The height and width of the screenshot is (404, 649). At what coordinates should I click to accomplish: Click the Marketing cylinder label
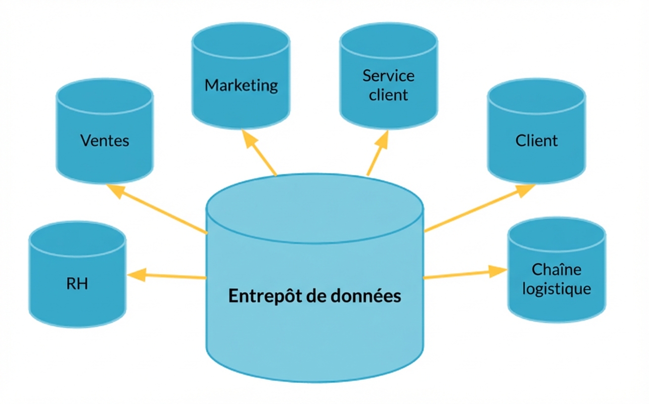(x=241, y=85)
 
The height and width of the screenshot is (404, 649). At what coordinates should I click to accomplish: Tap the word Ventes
(x=104, y=141)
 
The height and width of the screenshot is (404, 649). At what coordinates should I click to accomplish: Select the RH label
(x=77, y=284)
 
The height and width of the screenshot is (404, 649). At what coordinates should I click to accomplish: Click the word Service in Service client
(x=388, y=76)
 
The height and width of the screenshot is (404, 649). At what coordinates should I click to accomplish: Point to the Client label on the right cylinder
(x=536, y=141)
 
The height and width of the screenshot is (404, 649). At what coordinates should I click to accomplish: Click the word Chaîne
(x=556, y=270)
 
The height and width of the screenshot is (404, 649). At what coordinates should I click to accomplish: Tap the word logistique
(x=556, y=288)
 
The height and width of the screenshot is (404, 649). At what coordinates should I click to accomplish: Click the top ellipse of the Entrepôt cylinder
(x=315, y=208)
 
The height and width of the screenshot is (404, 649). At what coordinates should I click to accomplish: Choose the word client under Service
(x=388, y=94)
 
